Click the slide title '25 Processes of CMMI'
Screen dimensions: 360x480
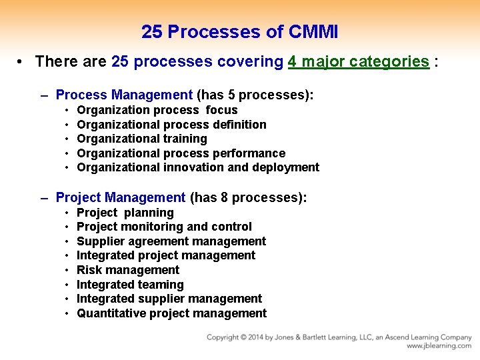(x=239, y=31)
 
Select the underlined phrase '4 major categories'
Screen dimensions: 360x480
(x=358, y=62)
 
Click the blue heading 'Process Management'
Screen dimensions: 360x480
(x=124, y=95)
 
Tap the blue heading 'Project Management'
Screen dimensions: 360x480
(x=121, y=197)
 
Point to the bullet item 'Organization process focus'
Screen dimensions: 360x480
(x=157, y=110)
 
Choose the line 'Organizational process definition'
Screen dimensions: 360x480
(x=171, y=125)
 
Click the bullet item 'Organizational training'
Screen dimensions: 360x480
(x=142, y=139)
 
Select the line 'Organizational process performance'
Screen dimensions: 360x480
(x=181, y=153)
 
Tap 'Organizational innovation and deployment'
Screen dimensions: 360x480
(x=198, y=167)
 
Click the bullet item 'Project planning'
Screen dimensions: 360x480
(x=125, y=213)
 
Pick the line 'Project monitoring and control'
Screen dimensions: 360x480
(x=164, y=227)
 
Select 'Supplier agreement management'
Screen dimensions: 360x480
(x=171, y=241)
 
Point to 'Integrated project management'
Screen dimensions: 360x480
(x=166, y=255)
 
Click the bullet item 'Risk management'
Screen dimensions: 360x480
(x=128, y=270)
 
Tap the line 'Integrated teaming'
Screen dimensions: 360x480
(x=130, y=285)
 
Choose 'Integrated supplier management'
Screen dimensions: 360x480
(x=169, y=299)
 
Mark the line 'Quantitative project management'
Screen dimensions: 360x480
(x=171, y=313)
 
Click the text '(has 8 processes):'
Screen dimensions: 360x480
(x=248, y=197)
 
